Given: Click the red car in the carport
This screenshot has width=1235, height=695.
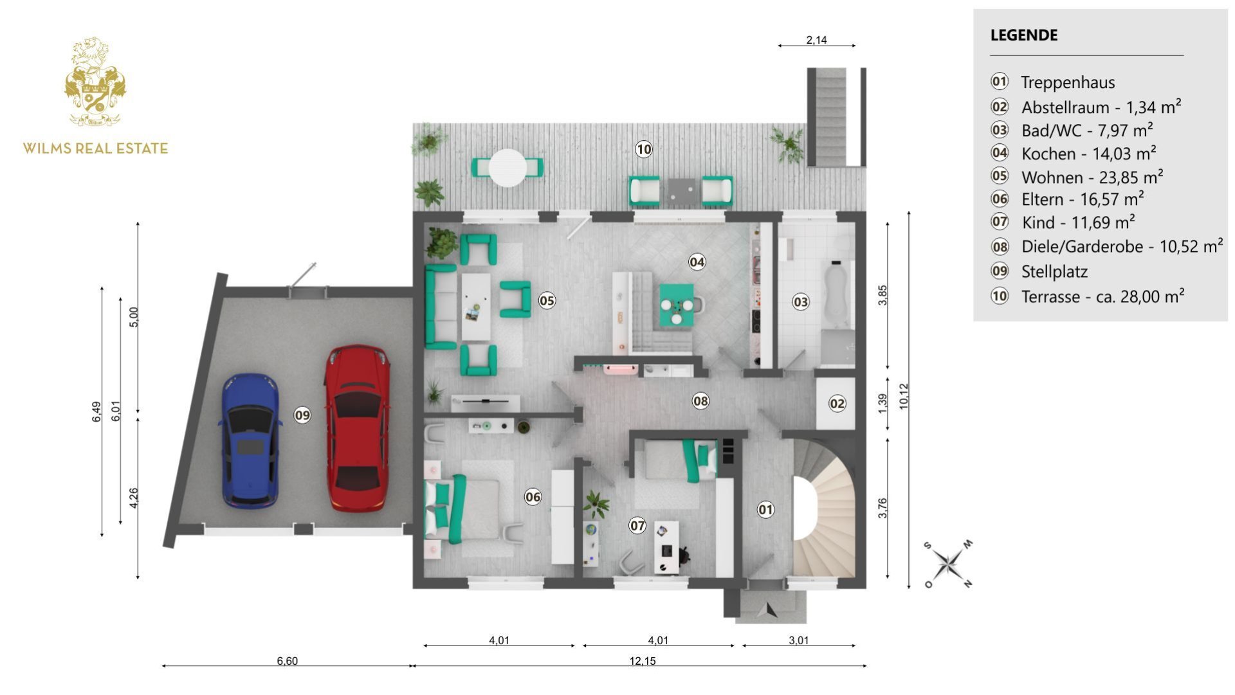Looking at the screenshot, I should click(357, 428).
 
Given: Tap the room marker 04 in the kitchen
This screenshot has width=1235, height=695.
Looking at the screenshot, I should click(697, 262).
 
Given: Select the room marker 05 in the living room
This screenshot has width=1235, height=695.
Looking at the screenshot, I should click(547, 300).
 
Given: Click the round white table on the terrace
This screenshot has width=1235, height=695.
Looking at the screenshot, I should click(508, 168).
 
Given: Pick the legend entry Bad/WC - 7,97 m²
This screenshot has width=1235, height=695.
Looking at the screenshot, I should click(1086, 131).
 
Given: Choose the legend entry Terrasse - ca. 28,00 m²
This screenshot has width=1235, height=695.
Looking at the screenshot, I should click(1102, 296).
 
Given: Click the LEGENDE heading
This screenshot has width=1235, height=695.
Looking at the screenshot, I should click(1023, 35).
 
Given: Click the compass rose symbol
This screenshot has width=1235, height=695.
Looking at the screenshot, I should click(947, 564).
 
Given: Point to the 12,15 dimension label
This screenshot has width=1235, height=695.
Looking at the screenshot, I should click(642, 661).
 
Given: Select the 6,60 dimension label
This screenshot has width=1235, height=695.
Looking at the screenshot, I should click(287, 661).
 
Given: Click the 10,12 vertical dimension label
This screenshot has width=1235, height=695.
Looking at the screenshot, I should click(904, 396).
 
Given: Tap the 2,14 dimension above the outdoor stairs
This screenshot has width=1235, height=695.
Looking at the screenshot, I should click(816, 40).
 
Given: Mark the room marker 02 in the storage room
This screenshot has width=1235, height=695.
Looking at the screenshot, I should click(836, 404).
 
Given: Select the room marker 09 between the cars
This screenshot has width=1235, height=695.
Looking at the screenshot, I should click(302, 415).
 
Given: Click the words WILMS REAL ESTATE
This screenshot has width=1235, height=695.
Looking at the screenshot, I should click(95, 149).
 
